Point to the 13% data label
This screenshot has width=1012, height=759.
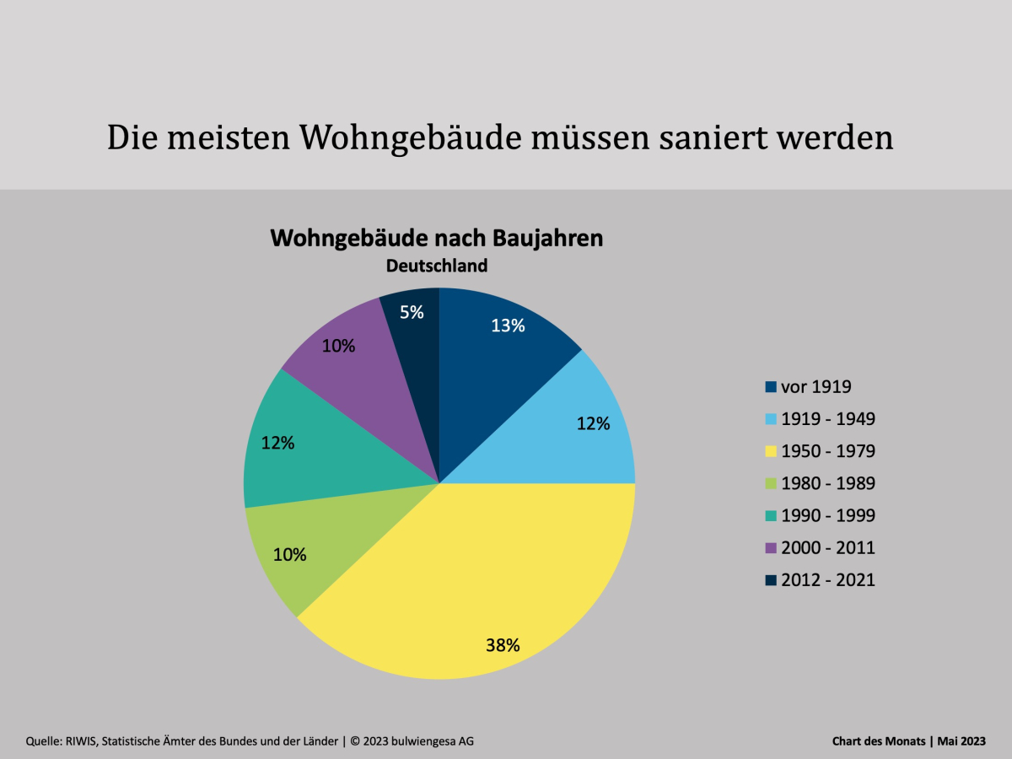tap(508, 326)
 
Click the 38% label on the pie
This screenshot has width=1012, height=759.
tap(503, 646)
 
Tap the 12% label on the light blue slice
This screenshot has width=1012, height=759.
tap(593, 424)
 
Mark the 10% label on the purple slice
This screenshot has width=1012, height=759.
tap(338, 346)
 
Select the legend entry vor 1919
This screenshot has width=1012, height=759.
tap(816, 387)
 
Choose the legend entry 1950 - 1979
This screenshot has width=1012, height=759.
tap(827, 451)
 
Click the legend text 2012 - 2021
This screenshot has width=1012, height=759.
tap(827, 579)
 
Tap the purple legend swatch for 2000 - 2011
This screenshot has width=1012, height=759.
tap(771, 548)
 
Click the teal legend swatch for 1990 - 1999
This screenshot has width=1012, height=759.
tap(771, 516)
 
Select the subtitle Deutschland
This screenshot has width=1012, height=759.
tap(437, 266)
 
